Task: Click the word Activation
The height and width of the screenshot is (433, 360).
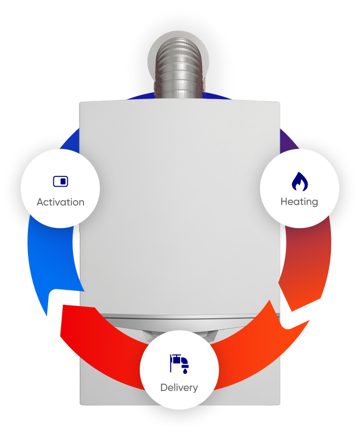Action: point(61,202)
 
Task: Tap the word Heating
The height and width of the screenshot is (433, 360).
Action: point(299,202)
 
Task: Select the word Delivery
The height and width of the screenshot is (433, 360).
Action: point(179,388)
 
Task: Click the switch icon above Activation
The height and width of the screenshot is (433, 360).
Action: point(61,181)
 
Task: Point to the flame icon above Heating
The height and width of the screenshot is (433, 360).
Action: point(299,181)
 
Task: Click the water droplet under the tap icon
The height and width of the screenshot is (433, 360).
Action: point(185,371)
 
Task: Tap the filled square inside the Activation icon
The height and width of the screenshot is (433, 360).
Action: point(63,181)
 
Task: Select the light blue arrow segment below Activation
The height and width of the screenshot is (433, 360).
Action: point(52,262)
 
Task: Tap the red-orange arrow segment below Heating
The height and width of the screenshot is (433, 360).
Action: point(306,265)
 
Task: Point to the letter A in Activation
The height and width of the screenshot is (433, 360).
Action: point(40,202)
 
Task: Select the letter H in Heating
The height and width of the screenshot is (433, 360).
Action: point(284,202)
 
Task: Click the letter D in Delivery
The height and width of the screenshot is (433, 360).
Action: point(164,387)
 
